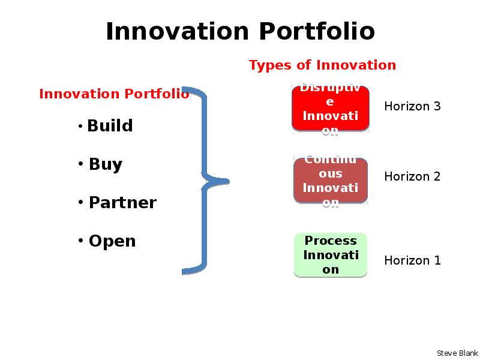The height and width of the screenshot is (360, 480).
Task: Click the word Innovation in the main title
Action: pos(177,31)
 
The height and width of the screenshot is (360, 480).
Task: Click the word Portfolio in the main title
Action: pos(317,31)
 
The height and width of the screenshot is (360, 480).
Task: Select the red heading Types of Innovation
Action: pos(322,65)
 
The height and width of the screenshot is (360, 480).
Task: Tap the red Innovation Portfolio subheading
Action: pos(114,94)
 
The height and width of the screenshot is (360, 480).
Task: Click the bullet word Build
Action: pos(110,125)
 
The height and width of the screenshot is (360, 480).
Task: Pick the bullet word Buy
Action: pos(106,164)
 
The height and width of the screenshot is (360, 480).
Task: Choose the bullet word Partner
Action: pos(123,203)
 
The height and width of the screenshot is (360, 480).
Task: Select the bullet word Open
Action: pos(112,241)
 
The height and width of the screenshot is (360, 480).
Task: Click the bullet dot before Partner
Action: pos(80,202)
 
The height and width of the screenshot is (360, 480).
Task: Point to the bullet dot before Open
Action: pos(80,241)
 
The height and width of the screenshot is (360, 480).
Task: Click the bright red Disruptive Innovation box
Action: pos(331,109)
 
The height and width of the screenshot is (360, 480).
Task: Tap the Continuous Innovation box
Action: pos(331,181)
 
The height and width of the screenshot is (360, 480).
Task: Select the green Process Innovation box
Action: pos(331,255)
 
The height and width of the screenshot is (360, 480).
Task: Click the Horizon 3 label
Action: pos(412,106)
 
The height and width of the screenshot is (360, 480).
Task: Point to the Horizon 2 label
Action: pos(412,176)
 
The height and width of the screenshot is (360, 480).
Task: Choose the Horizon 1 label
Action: pos(412,260)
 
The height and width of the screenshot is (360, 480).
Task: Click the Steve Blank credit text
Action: pos(457,353)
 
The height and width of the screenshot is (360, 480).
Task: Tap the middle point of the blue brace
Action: pos(228,182)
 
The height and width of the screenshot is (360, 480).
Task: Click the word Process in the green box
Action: pos(331,241)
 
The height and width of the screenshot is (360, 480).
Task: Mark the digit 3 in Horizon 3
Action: pos(437,106)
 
